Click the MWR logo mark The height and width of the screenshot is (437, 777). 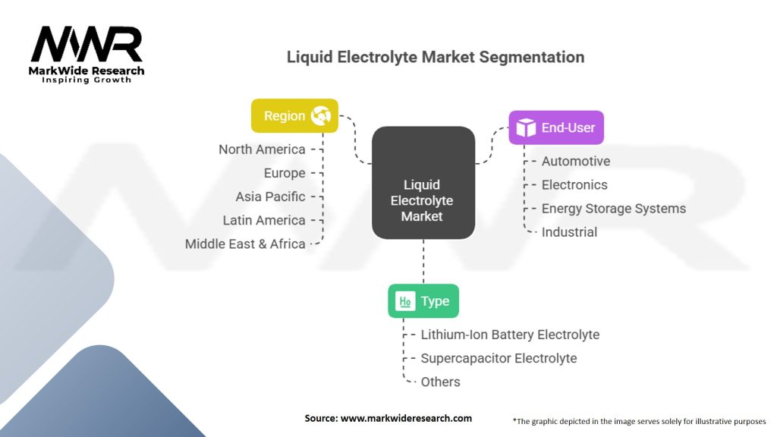click(x=87, y=44)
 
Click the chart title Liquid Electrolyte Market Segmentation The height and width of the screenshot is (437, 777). click(x=436, y=57)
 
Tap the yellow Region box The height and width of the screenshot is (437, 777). click(x=294, y=116)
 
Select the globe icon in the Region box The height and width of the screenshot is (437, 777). click(x=321, y=116)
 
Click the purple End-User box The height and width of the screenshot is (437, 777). click(x=556, y=127)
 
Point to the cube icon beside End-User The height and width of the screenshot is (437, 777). click(x=526, y=127)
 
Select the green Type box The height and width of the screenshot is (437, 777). click(x=423, y=301)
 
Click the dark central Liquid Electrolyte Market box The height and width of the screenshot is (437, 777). click(x=423, y=183)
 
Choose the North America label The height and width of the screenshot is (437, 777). click(x=262, y=149)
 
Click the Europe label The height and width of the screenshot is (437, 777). click(x=285, y=173)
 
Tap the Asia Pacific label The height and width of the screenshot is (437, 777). click(x=270, y=196)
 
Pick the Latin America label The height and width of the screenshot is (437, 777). click(x=263, y=221)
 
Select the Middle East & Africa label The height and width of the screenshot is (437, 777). click(x=245, y=244)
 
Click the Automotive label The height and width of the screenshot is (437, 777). click(x=576, y=161)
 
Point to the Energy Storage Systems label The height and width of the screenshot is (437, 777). click(x=613, y=209)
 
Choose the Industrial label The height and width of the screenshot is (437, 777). click(x=569, y=232)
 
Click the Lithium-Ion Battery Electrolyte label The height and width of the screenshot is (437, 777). click(x=510, y=335)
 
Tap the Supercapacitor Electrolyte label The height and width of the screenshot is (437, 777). click(x=499, y=358)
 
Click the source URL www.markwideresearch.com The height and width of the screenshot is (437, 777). click(x=406, y=418)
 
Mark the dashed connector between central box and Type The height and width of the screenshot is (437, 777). click(x=423, y=262)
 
